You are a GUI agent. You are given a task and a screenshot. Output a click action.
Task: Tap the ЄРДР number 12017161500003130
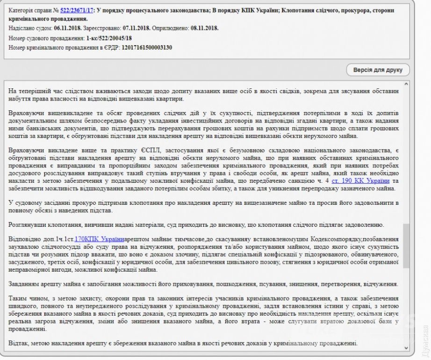(x=147, y=47)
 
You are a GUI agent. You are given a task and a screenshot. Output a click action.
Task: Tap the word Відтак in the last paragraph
(x=19, y=344)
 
